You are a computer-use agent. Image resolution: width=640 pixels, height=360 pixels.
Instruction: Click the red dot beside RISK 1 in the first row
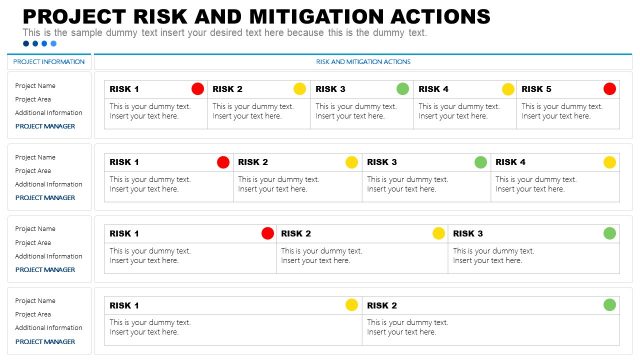point(197,89)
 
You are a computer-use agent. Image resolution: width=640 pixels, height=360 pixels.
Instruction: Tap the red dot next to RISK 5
point(609,89)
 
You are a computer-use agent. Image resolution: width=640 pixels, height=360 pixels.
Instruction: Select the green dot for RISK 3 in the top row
point(402,89)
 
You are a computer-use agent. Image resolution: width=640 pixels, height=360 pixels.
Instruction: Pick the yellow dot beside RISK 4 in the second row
point(609,162)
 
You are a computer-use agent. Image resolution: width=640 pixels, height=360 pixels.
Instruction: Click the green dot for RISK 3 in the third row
point(609,233)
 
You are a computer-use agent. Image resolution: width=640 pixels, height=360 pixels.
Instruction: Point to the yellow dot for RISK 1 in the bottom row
point(351,305)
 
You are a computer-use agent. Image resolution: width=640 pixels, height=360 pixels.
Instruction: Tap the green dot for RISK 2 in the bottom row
point(609,305)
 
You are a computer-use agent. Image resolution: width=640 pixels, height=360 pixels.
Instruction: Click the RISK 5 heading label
point(536,89)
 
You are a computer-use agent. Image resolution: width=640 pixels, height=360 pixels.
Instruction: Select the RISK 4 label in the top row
point(433,89)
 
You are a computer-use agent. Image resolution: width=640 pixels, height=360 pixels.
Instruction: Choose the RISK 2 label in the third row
point(296,233)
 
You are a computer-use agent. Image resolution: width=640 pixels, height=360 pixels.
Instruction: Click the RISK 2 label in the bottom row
point(382,305)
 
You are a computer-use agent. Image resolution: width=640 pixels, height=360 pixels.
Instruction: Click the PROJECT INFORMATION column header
point(49,62)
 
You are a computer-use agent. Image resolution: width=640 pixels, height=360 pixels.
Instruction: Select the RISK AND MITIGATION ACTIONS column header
point(363,62)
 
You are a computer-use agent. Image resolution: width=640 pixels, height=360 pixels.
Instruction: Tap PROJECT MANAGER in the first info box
point(45,126)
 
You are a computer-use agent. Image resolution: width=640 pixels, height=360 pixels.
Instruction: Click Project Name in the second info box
point(35,157)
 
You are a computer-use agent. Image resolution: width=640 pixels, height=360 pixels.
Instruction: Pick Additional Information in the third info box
point(48,256)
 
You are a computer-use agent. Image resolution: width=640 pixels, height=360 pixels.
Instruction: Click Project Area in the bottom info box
point(33,314)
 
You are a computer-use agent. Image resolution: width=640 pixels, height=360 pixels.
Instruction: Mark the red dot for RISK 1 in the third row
point(267,233)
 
